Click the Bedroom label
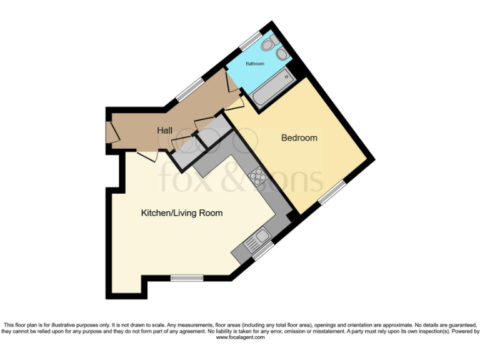(299, 137)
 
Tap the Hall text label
(165, 131)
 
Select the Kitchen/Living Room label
(181, 213)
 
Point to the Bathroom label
(254, 64)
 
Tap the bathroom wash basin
(282, 54)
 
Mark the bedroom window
(332, 192)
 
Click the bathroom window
(252, 40)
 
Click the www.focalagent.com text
(240, 337)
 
